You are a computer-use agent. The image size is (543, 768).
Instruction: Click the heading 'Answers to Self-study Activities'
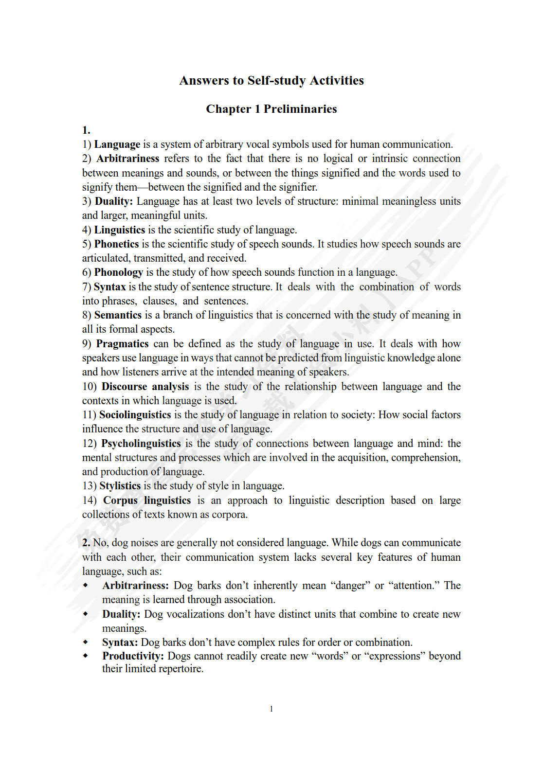[x=271, y=80]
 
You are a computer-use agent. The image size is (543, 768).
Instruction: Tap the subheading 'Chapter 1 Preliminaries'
[x=271, y=109]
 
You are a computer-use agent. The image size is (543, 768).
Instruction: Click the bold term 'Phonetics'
[x=116, y=244]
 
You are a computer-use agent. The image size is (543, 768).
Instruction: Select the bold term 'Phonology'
[x=118, y=272]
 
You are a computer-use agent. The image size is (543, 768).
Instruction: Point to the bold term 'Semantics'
[x=118, y=315]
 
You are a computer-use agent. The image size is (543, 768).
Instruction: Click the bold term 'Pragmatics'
[x=122, y=344]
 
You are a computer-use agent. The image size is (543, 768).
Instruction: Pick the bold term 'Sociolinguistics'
[x=135, y=415]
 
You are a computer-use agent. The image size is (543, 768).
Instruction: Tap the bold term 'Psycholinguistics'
[x=141, y=444]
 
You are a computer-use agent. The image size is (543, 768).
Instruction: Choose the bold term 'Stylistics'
[x=120, y=486]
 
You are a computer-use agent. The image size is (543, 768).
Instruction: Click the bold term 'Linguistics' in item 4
[x=119, y=230]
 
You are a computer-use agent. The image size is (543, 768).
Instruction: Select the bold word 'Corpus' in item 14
[x=120, y=500]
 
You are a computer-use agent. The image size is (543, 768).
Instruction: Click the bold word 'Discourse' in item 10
[x=124, y=387]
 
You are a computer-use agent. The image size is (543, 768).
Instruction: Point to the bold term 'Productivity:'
[x=133, y=656]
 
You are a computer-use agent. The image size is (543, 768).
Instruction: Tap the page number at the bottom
[x=271, y=709]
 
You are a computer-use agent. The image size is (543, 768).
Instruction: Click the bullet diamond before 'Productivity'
[x=86, y=656]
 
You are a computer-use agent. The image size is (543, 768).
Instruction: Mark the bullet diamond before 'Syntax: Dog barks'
[x=86, y=642]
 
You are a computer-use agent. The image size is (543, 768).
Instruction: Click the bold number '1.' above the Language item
[x=86, y=130]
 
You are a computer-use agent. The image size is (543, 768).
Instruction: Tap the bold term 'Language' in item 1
[x=117, y=144]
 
